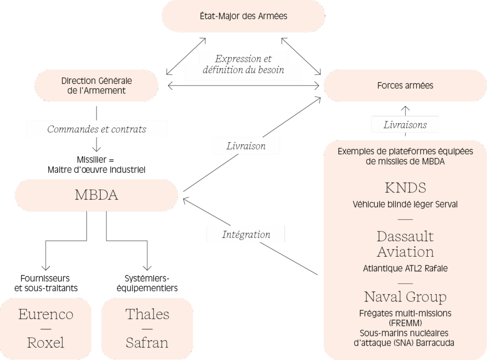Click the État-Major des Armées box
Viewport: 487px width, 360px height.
tap(243, 16)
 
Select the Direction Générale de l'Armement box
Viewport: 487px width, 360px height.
tap(97, 85)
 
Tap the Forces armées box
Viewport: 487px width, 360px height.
tap(405, 86)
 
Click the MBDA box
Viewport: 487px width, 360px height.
tap(96, 195)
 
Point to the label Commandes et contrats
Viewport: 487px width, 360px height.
tap(96, 130)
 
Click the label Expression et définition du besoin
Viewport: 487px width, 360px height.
tap(243, 64)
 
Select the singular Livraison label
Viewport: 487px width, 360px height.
tap(246, 146)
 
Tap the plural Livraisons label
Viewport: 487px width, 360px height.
tap(405, 125)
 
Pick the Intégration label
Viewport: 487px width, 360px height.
tap(246, 234)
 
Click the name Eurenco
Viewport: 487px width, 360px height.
tap(46, 314)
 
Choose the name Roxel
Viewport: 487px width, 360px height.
tap(46, 342)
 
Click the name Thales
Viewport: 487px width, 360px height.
tap(147, 314)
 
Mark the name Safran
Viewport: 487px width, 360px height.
tap(147, 342)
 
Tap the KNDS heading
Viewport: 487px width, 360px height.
tap(405, 188)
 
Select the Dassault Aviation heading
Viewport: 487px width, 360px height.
tap(405, 244)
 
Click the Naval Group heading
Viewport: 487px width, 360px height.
tap(405, 296)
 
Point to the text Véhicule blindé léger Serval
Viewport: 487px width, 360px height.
tap(405, 205)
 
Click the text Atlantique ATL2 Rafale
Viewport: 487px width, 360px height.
tap(405, 268)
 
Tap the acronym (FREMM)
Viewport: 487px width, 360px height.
tap(405, 323)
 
